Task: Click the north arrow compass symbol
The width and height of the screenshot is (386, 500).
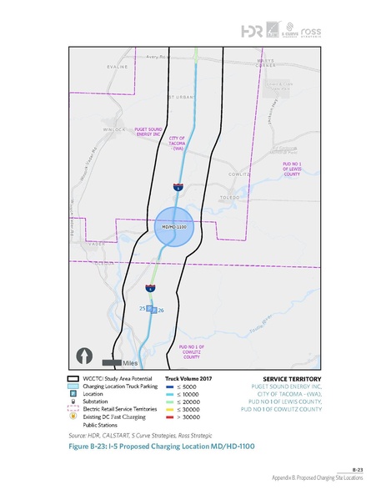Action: point(85,356)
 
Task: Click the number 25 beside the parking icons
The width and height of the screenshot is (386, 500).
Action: point(143,309)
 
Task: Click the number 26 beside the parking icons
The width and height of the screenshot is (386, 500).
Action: point(173,311)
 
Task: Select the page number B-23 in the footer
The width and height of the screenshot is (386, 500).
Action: point(358,470)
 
